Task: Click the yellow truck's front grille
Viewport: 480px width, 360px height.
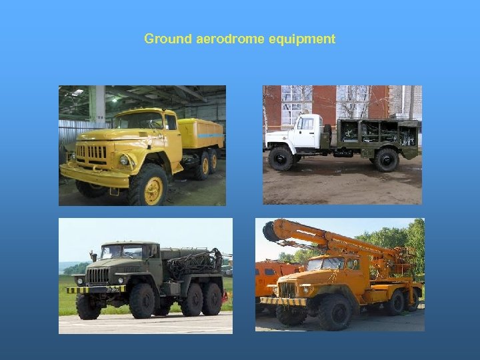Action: (91, 152)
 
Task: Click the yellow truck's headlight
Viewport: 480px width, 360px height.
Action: (124, 160)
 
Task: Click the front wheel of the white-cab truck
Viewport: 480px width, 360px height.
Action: (281, 159)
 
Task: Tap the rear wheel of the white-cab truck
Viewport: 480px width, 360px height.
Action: (386, 160)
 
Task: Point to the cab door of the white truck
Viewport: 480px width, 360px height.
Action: (307, 131)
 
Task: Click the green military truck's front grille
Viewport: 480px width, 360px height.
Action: (98, 275)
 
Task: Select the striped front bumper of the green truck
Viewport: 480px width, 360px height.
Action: (95, 289)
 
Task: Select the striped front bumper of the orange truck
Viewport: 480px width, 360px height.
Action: (283, 301)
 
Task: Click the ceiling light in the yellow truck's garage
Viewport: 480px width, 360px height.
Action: (79, 91)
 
